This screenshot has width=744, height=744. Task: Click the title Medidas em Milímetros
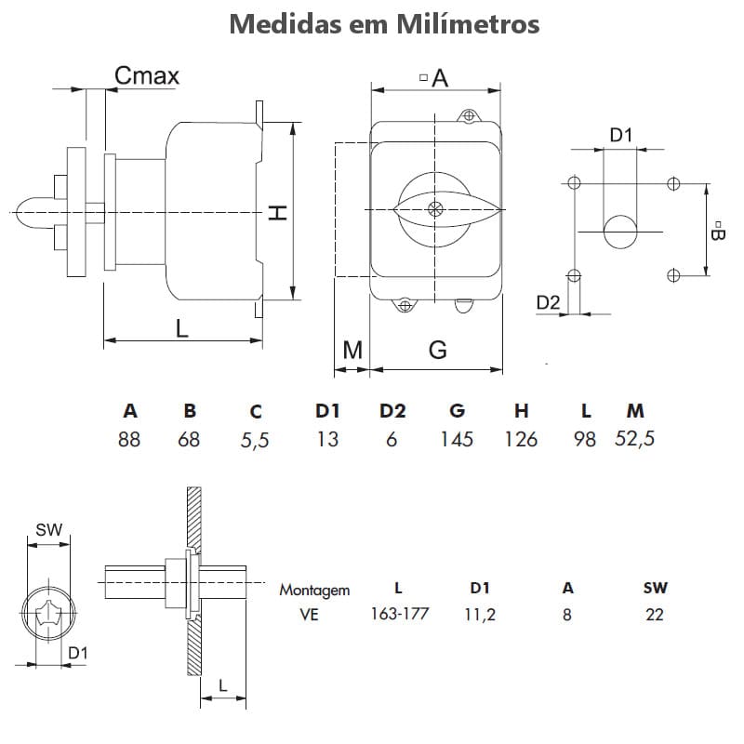[384, 23]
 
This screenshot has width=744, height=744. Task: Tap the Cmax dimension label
[147, 75]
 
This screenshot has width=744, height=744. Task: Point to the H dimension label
[277, 212]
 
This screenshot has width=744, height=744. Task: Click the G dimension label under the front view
[437, 350]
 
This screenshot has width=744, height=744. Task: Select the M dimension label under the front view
[352, 350]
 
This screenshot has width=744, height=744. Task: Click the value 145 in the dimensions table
[457, 439]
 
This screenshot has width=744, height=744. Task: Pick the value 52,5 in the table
[635, 439]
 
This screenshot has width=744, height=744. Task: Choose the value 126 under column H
[521, 439]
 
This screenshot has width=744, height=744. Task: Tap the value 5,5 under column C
[255, 440]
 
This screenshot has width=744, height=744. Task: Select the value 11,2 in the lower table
[479, 614]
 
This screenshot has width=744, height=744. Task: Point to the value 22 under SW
[655, 614]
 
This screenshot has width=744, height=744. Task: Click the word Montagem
[314, 590]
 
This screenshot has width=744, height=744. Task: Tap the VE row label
[310, 614]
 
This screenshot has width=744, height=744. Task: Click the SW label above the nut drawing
[48, 530]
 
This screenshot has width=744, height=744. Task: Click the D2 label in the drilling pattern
[549, 301]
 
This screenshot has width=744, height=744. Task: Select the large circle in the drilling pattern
[620, 231]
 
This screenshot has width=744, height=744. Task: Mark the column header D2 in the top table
[392, 411]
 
